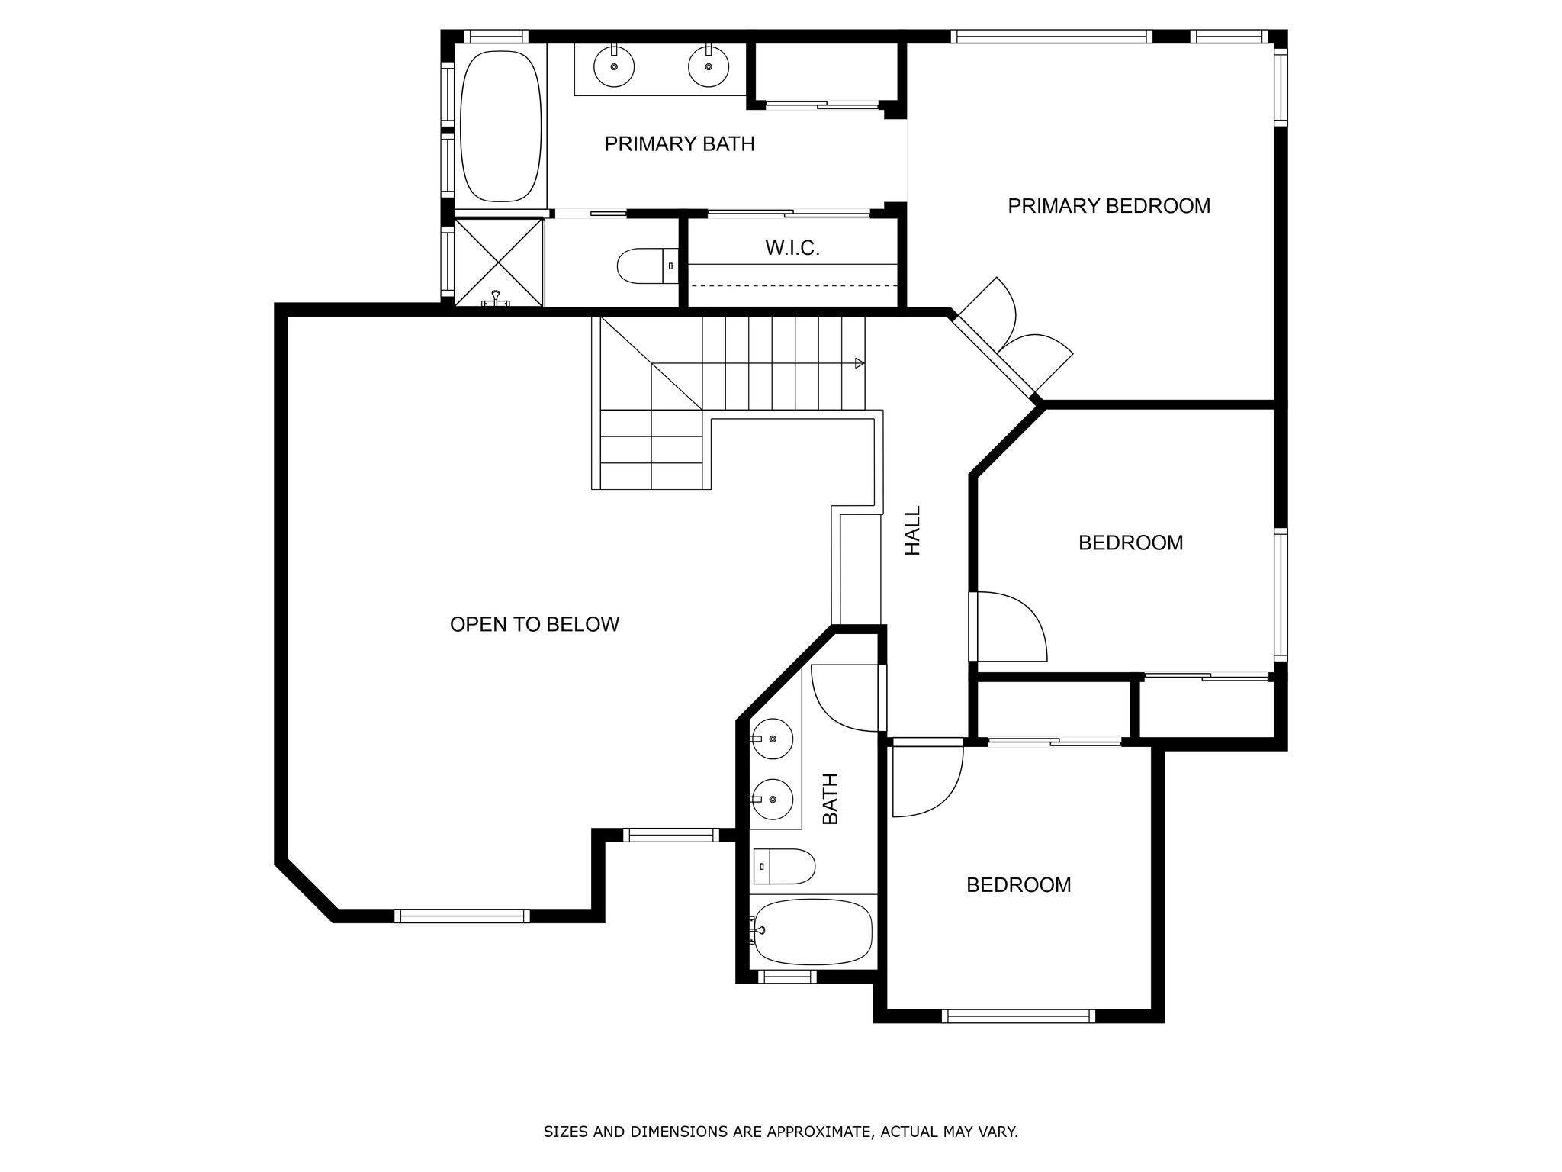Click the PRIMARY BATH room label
pyautogui.click(x=680, y=143)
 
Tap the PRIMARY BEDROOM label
pyautogui.click(x=1109, y=206)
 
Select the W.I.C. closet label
pyautogui.click(x=792, y=248)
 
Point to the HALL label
pyautogui.click(x=913, y=530)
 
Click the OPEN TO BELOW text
pyautogui.click(x=535, y=624)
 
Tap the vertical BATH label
pyautogui.click(x=830, y=799)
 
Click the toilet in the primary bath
pyautogui.click(x=648, y=266)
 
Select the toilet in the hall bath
pyautogui.click(x=784, y=867)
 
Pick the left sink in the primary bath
pyautogui.click(x=613, y=66)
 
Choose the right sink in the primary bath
pyautogui.click(x=709, y=66)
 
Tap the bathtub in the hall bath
pyautogui.click(x=812, y=932)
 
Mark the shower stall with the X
pyautogui.click(x=499, y=262)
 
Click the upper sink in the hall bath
pyautogui.click(x=772, y=739)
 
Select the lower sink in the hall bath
pyautogui.click(x=772, y=799)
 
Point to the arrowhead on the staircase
pyautogui.click(x=860, y=363)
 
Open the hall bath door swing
pyautogui.click(x=849, y=698)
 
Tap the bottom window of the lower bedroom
pyautogui.click(x=1018, y=1016)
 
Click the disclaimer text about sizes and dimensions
pyautogui.click(x=780, y=1132)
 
